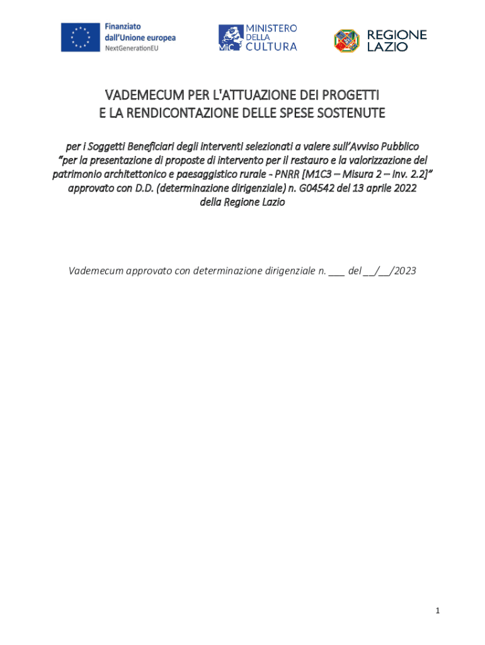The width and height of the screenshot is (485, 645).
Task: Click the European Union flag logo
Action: click(x=81, y=37)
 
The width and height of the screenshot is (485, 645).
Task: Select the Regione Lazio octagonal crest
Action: click(x=346, y=40)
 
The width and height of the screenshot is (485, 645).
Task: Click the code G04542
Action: click(x=319, y=188)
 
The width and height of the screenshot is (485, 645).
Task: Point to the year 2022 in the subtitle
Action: click(x=404, y=188)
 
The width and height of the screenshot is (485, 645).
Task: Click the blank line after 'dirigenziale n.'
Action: click(x=336, y=272)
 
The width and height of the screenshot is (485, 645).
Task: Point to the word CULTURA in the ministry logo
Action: click(x=271, y=46)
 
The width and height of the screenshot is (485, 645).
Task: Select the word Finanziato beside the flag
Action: click(x=123, y=27)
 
